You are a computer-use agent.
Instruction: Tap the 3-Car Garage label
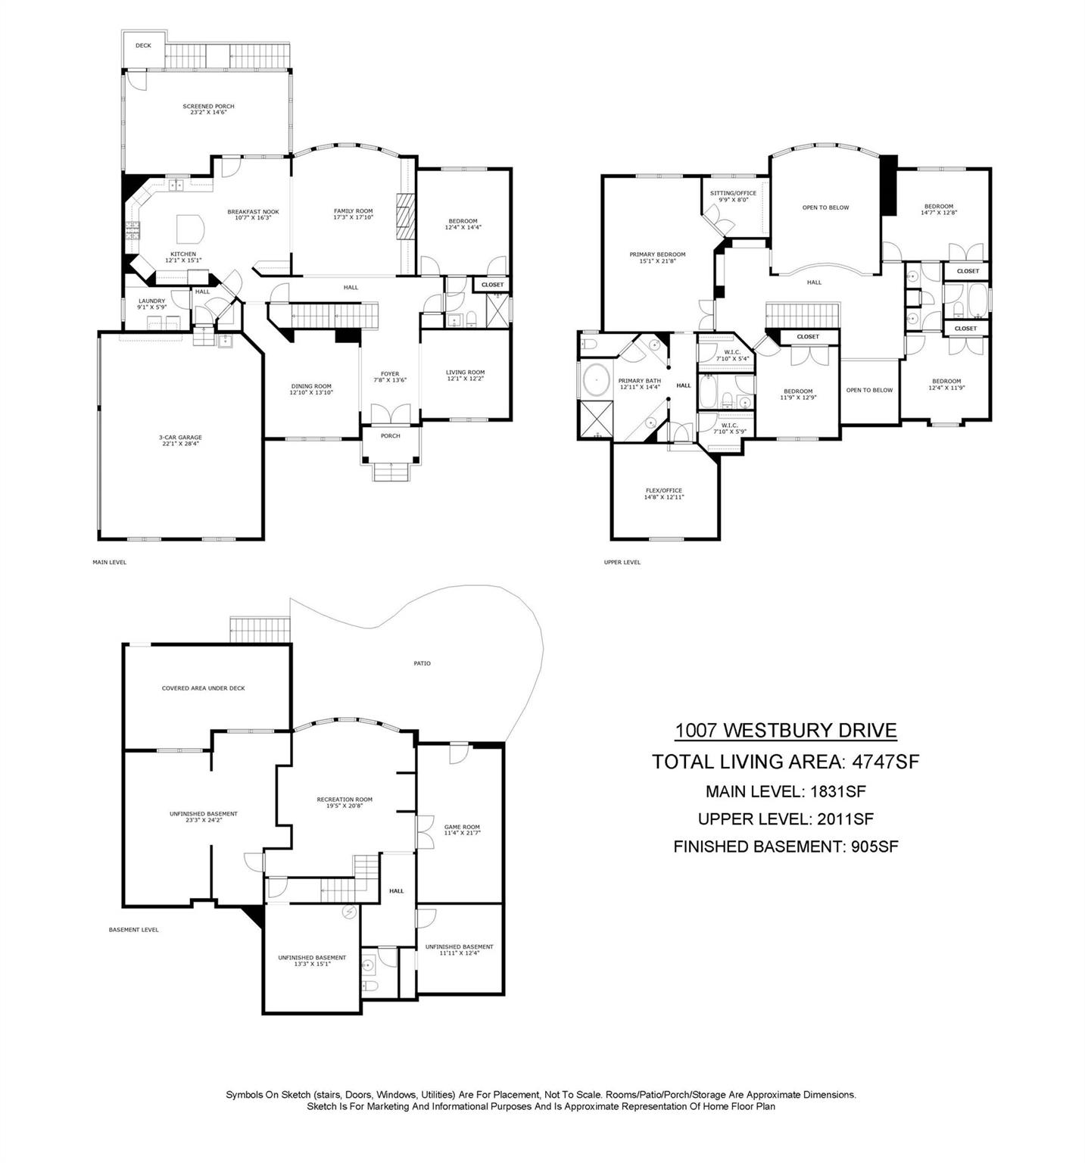click(180, 441)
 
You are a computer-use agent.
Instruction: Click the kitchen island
click(190, 227)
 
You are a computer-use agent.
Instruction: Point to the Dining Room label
click(310, 389)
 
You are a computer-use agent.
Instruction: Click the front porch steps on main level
click(391, 472)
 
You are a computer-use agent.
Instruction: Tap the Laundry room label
click(151, 304)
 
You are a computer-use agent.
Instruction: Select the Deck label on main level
click(143, 45)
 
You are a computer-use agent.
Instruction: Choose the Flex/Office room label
click(663, 494)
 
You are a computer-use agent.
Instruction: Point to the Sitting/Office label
click(733, 196)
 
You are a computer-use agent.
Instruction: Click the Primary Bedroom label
click(657, 257)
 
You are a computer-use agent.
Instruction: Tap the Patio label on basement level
click(422, 663)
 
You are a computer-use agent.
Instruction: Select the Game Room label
click(462, 830)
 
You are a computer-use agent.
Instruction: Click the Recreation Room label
click(345, 803)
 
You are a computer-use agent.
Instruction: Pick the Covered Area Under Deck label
click(203, 688)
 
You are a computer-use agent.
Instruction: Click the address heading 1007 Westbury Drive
click(785, 731)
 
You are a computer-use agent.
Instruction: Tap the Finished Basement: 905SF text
click(785, 847)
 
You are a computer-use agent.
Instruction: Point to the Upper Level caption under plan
click(622, 563)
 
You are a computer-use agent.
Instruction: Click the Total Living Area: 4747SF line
click(785, 762)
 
